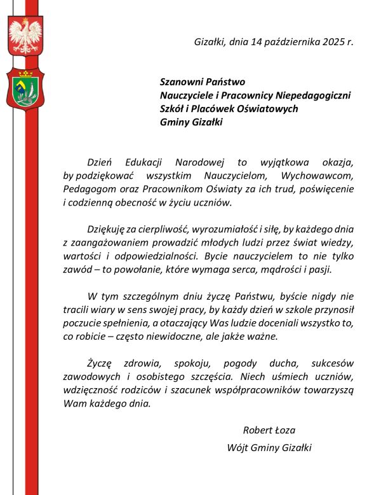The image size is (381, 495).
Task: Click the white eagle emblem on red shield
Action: tap(25, 36)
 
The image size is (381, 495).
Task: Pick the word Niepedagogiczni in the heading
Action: tap(312, 95)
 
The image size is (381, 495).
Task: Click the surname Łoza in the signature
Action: tap(283, 431)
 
